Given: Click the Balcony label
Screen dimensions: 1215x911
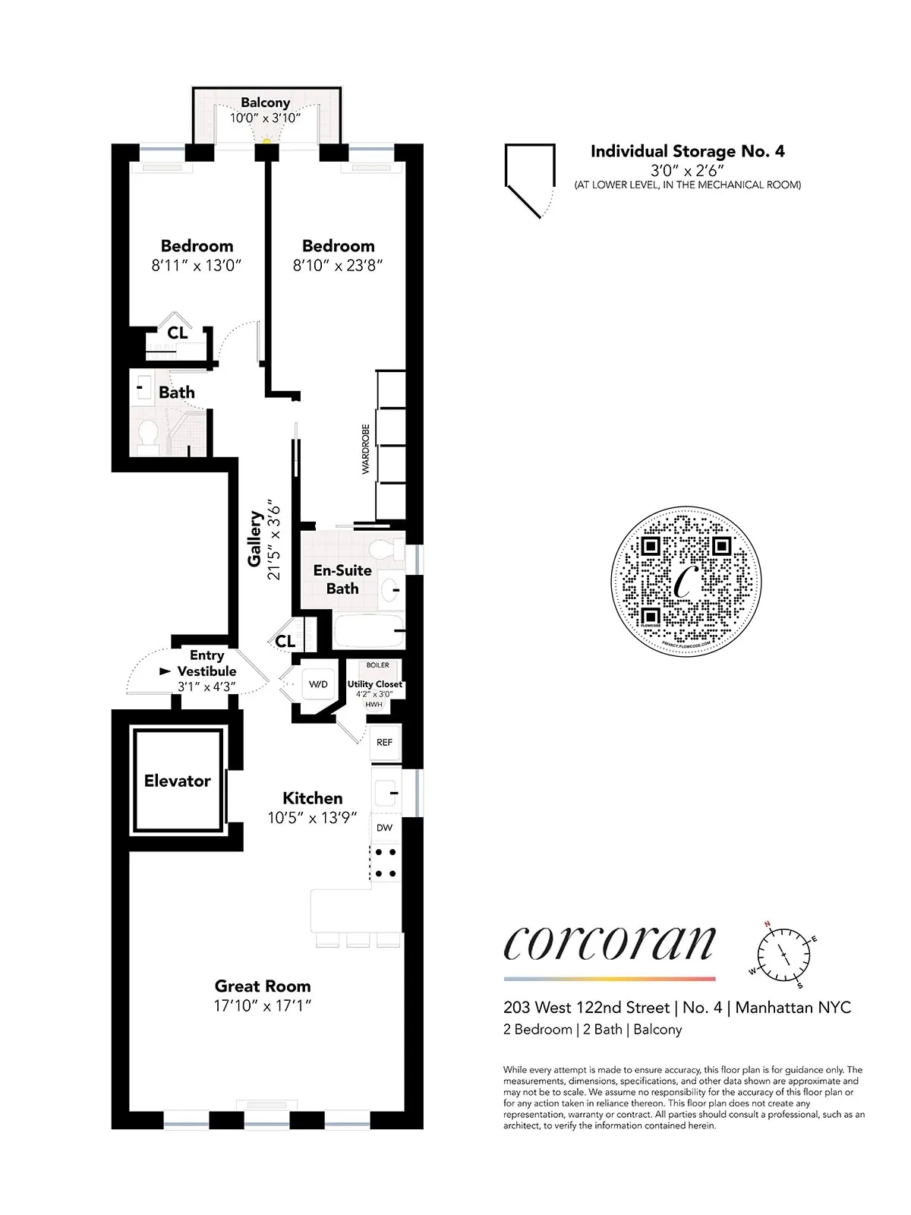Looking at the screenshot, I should (266, 103).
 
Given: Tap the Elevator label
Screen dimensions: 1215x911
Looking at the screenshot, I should (178, 781).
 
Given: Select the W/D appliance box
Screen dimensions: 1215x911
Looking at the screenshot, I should (318, 684).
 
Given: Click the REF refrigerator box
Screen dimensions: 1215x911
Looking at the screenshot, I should (385, 742).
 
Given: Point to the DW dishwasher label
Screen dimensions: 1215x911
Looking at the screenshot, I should (385, 828).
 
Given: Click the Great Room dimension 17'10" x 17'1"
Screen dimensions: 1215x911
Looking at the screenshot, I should (263, 1005).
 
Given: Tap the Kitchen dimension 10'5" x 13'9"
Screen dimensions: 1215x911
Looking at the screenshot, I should (312, 818).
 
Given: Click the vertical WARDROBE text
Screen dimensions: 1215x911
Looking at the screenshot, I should (365, 450).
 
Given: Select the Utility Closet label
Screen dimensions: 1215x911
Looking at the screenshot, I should (375, 684).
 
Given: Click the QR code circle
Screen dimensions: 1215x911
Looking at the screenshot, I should (686, 582).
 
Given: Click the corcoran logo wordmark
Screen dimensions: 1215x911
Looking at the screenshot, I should (610, 943).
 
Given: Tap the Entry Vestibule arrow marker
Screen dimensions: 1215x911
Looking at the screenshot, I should (165, 671).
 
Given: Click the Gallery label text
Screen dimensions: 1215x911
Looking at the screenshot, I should (255, 538).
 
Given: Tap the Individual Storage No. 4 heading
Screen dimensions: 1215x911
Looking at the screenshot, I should (687, 151).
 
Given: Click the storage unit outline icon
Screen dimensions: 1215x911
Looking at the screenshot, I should (528, 178).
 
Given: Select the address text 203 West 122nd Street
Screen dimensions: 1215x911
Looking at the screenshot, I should (586, 1008).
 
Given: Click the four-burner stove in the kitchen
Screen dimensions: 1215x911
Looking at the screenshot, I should (386, 863).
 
